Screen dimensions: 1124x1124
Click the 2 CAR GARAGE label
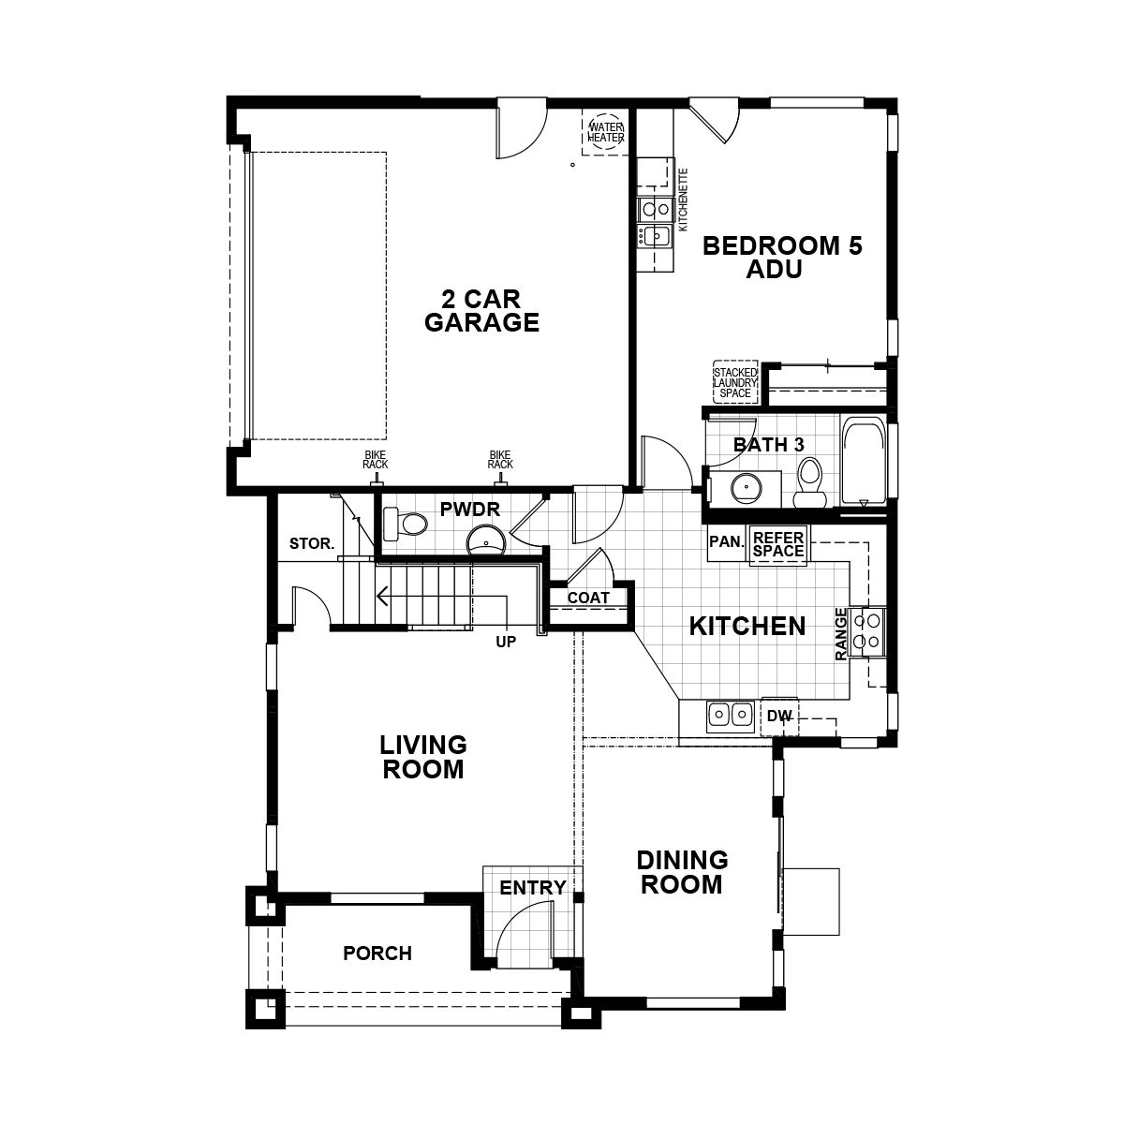pyautogui.click(x=481, y=311)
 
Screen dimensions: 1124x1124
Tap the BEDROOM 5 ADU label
pyautogui.click(x=781, y=258)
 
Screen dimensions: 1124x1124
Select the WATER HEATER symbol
pyautogui.click(x=605, y=132)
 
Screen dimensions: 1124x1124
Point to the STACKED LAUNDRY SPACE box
pyautogui.click(x=735, y=383)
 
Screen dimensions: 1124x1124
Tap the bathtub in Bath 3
pyautogui.click(x=861, y=462)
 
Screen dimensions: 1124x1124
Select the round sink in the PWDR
pyautogui.click(x=485, y=540)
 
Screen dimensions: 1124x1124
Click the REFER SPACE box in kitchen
pyautogui.click(x=778, y=544)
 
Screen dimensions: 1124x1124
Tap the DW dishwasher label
pyautogui.click(x=779, y=717)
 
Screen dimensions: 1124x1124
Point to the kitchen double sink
pyautogui.click(x=730, y=716)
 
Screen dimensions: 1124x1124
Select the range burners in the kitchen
pyautogui.click(x=868, y=629)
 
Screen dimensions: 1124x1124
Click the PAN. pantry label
pyautogui.click(x=727, y=541)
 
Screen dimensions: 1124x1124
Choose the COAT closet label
pyautogui.click(x=588, y=598)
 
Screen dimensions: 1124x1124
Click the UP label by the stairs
pyautogui.click(x=506, y=643)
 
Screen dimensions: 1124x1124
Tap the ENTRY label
pyautogui.click(x=532, y=888)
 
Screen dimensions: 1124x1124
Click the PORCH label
pyautogui.click(x=377, y=954)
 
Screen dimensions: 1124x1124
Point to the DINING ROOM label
pyautogui.click(x=683, y=872)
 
